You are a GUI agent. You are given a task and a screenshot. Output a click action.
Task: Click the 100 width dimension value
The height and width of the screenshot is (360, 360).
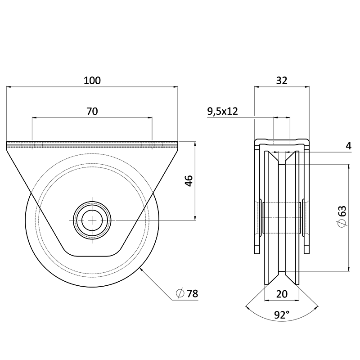click(92, 81)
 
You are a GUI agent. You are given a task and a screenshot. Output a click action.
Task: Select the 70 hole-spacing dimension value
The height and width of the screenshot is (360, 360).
click(92, 112)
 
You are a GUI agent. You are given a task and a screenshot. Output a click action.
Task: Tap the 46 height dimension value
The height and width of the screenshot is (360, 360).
click(189, 181)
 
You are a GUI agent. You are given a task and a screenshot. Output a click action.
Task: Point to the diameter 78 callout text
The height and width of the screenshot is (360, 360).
click(192, 294)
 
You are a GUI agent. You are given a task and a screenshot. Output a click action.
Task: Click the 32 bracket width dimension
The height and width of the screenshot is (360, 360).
click(281, 81)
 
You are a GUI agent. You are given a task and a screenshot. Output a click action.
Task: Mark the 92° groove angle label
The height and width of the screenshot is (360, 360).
click(282, 315)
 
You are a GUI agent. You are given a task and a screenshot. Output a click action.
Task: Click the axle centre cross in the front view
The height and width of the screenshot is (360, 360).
click(92, 220)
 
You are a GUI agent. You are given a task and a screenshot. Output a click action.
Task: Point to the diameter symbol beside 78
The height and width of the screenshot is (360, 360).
click(180, 294)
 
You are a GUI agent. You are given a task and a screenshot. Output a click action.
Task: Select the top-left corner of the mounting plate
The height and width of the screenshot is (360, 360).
click(7, 143)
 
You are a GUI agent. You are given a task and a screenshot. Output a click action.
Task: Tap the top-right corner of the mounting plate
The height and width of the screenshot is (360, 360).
click(178, 143)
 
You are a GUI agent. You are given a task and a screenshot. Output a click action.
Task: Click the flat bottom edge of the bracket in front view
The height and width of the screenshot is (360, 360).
click(92, 256)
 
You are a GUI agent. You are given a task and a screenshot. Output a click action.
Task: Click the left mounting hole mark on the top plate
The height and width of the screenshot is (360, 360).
click(32, 145)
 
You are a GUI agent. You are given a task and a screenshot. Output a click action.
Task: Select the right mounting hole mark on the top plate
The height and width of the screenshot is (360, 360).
click(152, 145)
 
